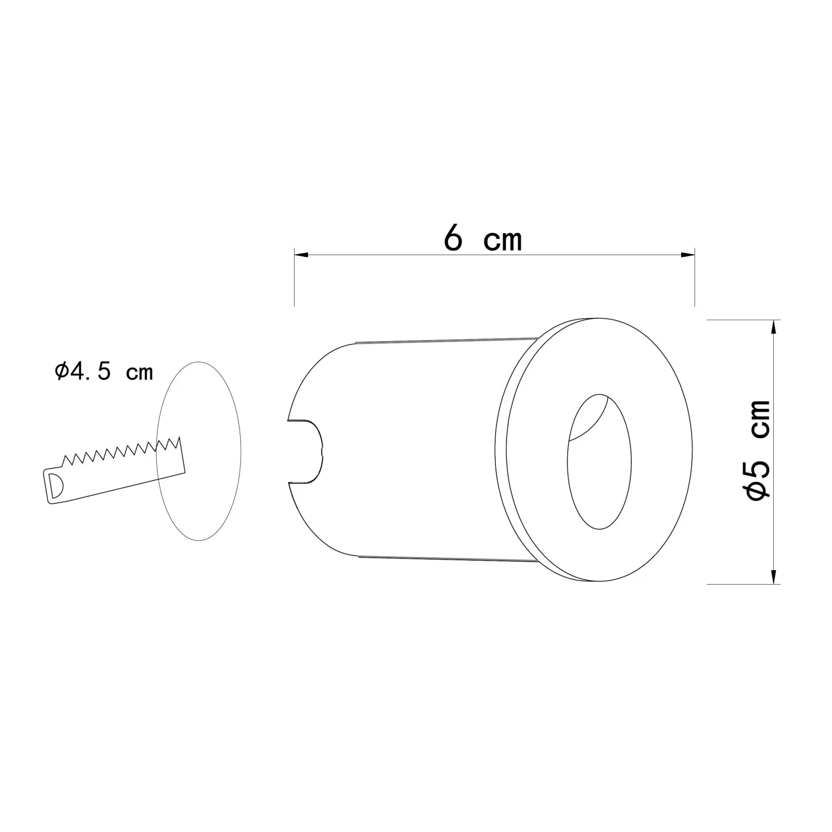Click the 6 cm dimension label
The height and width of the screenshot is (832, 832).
483,239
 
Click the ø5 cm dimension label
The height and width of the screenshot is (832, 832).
758,450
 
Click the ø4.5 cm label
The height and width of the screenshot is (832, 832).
104,371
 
